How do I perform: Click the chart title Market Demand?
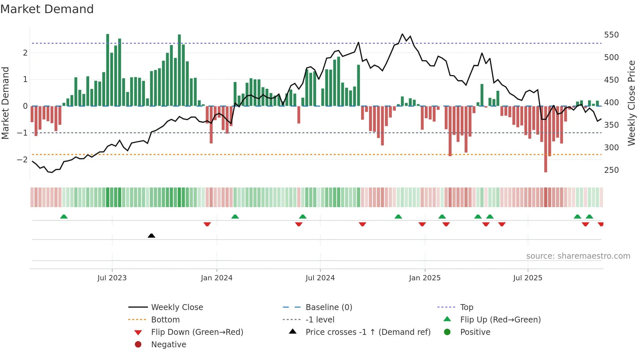(x=47, y=9)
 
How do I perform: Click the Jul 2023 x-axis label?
(x=112, y=278)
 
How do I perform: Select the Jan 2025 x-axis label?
(x=424, y=278)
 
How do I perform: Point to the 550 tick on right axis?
(x=611, y=35)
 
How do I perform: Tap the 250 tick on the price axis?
(x=611, y=170)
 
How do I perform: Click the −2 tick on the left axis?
(x=22, y=160)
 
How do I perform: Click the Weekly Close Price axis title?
(x=632, y=103)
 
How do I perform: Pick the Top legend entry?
(x=466, y=307)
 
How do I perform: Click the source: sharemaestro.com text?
(x=578, y=256)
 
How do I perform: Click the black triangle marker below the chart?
(x=152, y=236)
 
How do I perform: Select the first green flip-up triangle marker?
(x=64, y=217)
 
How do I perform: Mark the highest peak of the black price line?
(x=402, y=34)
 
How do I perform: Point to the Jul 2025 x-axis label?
(x=527, y=278)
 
